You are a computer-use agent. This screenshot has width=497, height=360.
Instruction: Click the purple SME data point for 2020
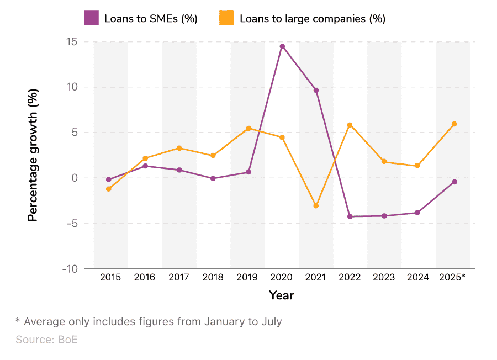(282, 46)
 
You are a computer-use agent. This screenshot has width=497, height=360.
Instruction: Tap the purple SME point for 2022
(350, 216)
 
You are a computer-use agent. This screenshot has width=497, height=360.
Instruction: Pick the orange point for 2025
(454, 124)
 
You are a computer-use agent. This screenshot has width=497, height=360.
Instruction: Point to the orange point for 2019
(248, 128)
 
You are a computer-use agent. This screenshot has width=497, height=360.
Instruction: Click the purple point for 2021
(316, 90)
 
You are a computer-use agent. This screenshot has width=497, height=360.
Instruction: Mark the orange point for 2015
(109, 189)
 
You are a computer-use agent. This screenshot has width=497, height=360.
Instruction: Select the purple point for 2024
(417, 213)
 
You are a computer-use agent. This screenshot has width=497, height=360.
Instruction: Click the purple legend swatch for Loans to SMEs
(91, 18)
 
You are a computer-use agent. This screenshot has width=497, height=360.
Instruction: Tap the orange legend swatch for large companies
(226, 18)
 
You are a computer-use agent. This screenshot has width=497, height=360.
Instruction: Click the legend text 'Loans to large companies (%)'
(312, 19)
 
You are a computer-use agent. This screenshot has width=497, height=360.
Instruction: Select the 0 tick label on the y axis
(74, 178)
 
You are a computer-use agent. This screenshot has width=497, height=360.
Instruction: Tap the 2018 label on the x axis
(213, 278)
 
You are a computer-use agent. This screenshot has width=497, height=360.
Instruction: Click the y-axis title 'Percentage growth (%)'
(33, 156)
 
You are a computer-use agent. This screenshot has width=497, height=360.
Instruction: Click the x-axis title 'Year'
(282, 295)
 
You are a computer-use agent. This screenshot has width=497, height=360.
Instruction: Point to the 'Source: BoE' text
(46, 340)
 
